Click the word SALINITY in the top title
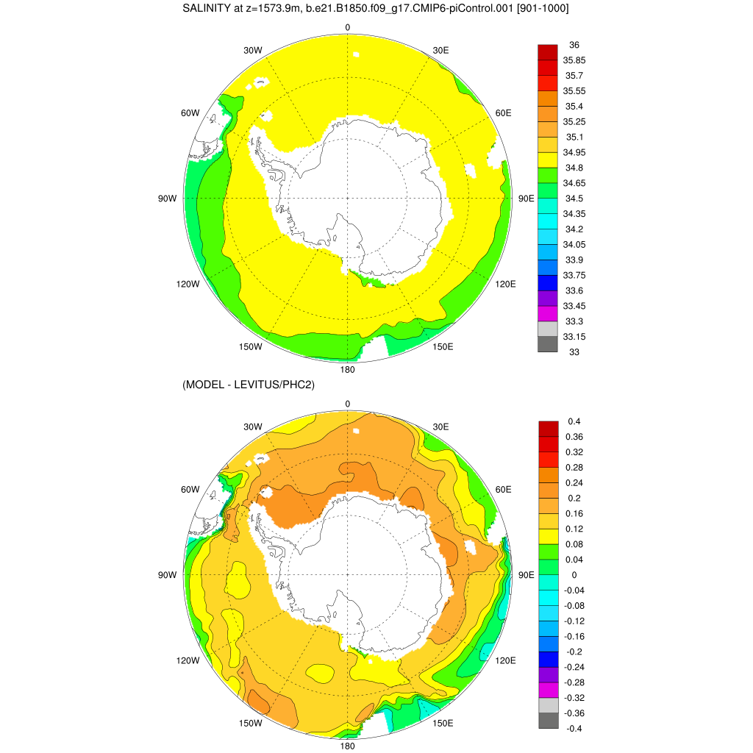tap(207, 9)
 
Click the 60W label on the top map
tap(190, 113)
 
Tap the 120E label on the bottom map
tap(506, 660)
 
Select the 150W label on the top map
tap(251, 346)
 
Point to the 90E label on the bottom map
tap(527, 575)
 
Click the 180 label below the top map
tap(348, 369)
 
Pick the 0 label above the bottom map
tap(348, 404)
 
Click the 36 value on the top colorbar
tap(574, 45)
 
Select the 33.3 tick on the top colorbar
tap(574, 321)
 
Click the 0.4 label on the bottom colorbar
tap(574, 421)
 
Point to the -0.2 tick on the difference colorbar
tap(574, 652)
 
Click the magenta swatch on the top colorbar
tap(548, 313)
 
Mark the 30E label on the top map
tap(441, 51)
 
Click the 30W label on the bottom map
tap(253, 427)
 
